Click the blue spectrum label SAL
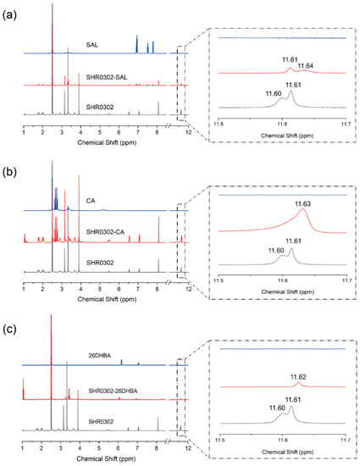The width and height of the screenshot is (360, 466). (x=92, y=43)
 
